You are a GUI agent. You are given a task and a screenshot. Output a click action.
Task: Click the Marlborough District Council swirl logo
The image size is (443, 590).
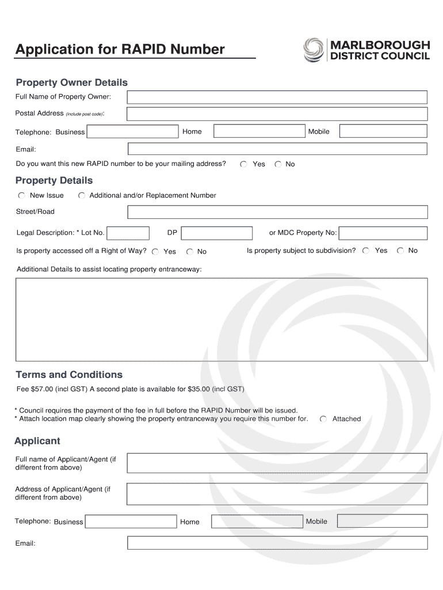point(314,50)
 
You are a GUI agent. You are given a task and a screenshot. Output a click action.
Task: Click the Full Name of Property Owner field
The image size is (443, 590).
point(277,97)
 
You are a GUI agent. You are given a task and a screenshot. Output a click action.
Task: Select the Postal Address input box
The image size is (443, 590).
point(277,114)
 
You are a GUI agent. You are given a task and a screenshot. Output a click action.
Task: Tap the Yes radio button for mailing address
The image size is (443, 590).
point(244,164)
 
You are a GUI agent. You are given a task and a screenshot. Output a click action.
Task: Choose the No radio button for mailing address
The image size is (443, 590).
point(278,164)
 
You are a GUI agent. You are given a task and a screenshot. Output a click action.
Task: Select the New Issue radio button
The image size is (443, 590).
point(21,195)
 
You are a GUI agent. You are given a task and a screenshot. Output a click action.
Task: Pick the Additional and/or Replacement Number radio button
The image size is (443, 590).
point(82,195)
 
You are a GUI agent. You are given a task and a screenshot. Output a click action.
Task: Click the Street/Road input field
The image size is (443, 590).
point(277,212)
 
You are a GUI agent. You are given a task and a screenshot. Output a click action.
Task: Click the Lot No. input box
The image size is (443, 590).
point(128,233)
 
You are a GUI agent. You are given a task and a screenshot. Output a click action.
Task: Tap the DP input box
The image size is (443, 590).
point(216,233)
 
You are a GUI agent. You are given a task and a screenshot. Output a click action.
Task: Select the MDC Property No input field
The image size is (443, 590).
point(383,233)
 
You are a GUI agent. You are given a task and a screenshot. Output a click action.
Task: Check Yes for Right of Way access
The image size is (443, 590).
point(155,251)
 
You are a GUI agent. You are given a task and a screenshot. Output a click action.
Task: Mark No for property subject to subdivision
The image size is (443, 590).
point(400,251)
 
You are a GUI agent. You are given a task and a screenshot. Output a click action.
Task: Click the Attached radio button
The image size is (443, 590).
point(324,419)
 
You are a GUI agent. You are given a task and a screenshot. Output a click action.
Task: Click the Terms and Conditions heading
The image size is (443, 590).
point(69,375)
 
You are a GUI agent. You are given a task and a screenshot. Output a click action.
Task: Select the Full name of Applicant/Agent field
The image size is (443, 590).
point(277,463)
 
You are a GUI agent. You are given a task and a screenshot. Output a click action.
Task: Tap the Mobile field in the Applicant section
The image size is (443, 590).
point(382,521)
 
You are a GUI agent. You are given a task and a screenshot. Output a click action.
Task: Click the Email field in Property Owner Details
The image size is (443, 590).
point(277,149)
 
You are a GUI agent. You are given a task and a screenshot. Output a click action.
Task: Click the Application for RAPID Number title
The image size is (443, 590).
point(120,50)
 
